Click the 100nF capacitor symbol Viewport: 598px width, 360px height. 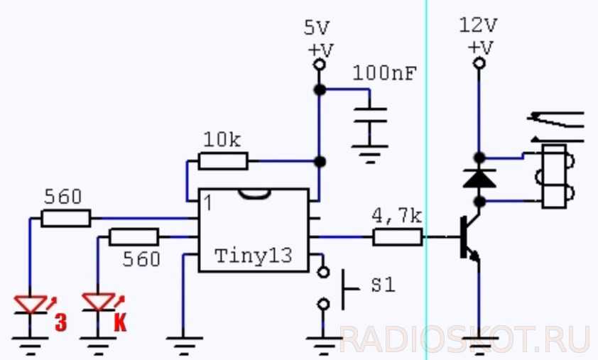[x=369, y=121]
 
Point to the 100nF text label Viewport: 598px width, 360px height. [x=384, y=73]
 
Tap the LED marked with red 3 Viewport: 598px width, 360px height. [x=31, y=304]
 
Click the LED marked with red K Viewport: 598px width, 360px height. [x=98, y=303]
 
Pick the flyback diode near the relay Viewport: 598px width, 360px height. [x=479, y=178]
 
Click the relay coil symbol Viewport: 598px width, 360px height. [x=554, y=177]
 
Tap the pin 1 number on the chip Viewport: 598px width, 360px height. [x=207, y=203]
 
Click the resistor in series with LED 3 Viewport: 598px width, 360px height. [x=65, y=218]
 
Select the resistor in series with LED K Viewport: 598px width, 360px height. [x=133, y=237]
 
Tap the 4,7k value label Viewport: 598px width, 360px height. [x=398, y=215]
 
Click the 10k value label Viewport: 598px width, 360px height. [x=222, y=140]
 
